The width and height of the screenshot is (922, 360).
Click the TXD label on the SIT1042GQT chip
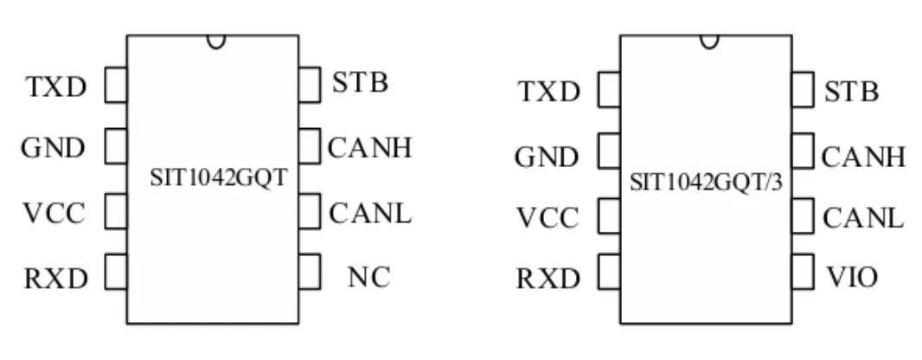(56, 87)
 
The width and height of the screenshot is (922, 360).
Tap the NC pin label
(368, 277)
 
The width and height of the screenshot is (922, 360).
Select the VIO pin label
(851, 276)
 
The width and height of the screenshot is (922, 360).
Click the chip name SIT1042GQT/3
(706, 183)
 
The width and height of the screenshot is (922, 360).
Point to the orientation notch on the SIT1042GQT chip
(216, 42)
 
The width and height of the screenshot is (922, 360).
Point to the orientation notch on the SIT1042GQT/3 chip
(709, 42)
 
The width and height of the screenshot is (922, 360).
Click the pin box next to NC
(310, 272)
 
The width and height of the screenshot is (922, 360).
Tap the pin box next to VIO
(803, 272)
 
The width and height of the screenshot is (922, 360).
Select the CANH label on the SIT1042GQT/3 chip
(863, 157)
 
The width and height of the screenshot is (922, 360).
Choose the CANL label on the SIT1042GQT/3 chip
(862, 218)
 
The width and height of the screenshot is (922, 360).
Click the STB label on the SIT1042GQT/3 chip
(851, 92)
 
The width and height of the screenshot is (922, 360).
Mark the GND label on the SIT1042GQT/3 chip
(547, 157)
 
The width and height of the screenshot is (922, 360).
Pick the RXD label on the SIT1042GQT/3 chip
(548, 279)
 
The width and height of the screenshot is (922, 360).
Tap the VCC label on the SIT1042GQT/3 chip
(548, 218)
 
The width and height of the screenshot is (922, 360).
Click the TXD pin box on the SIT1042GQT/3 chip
(609, 89)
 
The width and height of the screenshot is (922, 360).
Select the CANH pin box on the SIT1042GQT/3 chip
(803, 151)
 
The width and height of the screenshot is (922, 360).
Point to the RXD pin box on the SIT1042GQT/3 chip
(609, 272)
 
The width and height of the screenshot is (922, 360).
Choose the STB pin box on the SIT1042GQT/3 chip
(803, 89)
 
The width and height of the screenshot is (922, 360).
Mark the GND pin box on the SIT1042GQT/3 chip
(609, 151)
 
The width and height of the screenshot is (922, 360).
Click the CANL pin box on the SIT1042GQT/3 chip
(803, 215)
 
